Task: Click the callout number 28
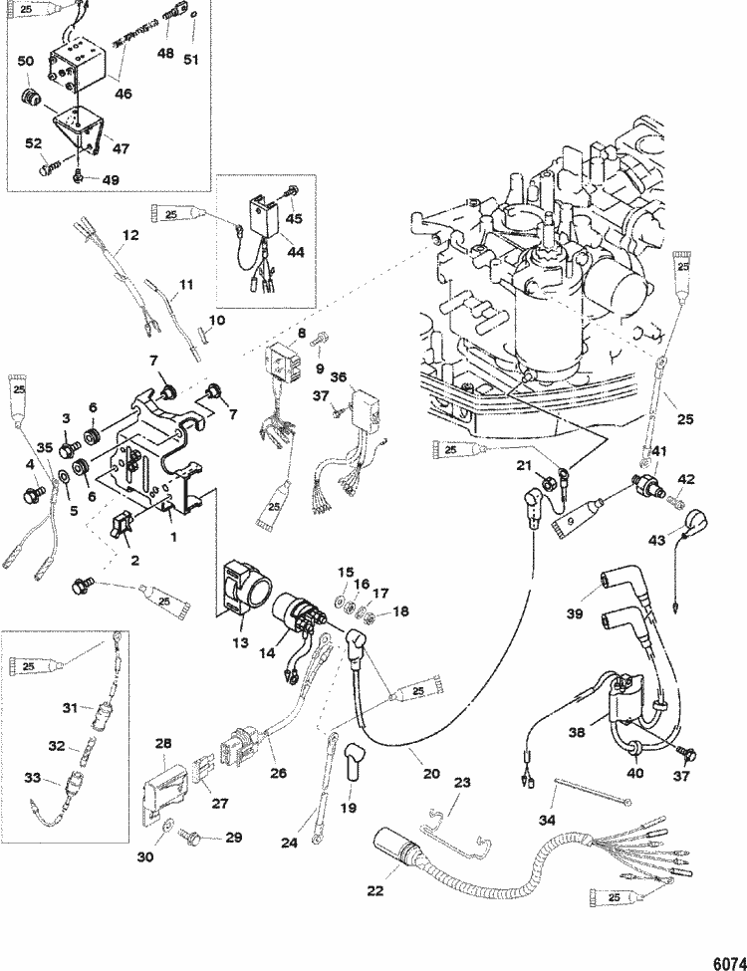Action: [x=163, y=744]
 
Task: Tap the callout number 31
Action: [x=69, y=708]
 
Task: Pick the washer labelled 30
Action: [x=167, y=824]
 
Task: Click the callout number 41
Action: [x=658, y=455]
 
